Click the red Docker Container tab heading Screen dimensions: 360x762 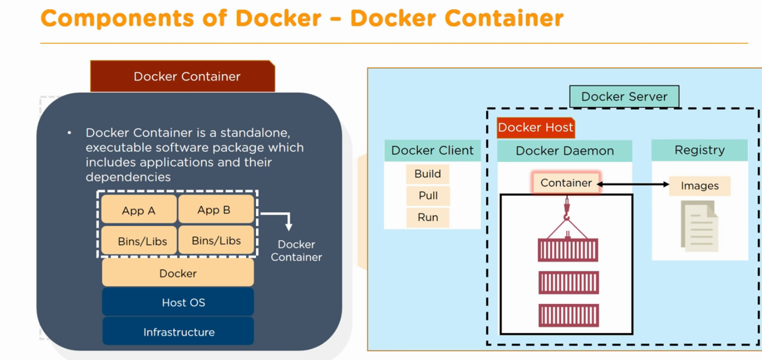(x=183, y=77)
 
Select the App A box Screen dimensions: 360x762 (x=139, y=210)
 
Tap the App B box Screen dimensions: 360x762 (x=216, y=210)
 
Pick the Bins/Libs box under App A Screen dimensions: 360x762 (x=141, y=241)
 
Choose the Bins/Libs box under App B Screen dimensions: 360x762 (x=216, y=241)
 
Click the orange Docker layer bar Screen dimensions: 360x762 (x=178, y=273)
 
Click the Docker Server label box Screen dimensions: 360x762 (x=624, y=97)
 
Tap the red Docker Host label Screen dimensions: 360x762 (x=535, y=128)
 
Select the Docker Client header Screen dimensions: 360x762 (x=432, y=150)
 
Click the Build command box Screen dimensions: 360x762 (x=427, y=174)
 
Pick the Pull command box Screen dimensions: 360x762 (x=428, y=195)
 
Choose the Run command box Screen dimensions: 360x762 (x=428, y=217)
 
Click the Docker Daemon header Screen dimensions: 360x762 (x=565, y=150)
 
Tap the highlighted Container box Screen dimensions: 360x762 (x=566, y=183)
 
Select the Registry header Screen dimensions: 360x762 (x=699, y=150)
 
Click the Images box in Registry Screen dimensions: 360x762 (x=700, y=186)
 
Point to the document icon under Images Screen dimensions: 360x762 (x=699, y=225)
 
